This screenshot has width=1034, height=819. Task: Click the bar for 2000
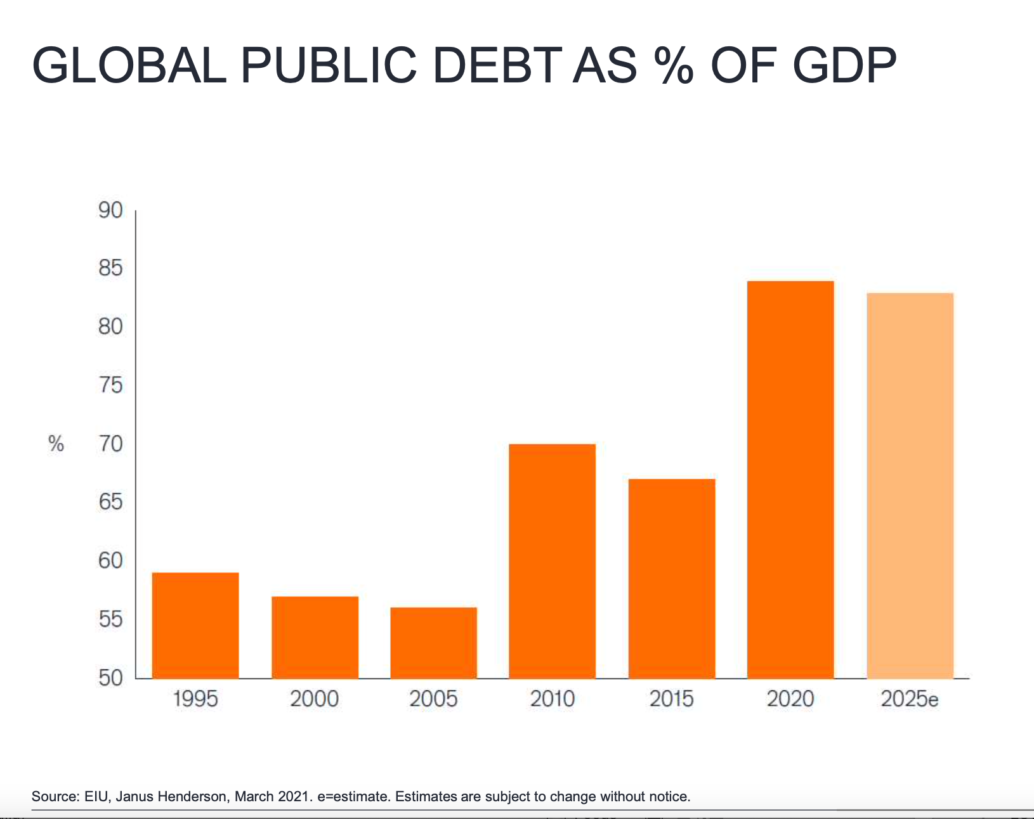coord(315,637)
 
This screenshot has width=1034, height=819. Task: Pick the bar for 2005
coord(433,643)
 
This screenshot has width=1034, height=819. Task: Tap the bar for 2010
coord(552,561)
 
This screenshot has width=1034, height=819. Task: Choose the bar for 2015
coord(671,578)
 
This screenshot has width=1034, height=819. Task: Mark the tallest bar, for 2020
coord(790,479)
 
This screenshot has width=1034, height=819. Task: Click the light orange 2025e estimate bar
coord(910,486)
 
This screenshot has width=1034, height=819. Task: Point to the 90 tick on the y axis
coord(110,210)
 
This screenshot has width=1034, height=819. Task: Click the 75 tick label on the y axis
coord(110,385)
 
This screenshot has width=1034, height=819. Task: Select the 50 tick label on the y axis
coord(110,678)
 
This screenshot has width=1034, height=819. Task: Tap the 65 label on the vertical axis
coord(110,502)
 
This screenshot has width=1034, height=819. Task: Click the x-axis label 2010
coord(552,699)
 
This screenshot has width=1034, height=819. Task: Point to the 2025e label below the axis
coord(909,699)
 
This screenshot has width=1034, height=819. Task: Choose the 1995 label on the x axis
coord(195,699)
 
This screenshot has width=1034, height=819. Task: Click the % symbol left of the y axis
coord(56,444)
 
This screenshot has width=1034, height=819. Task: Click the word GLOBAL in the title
coord(129,65)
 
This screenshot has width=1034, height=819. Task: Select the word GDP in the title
coord(844,65)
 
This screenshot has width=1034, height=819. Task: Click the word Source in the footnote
coord(54,796)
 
